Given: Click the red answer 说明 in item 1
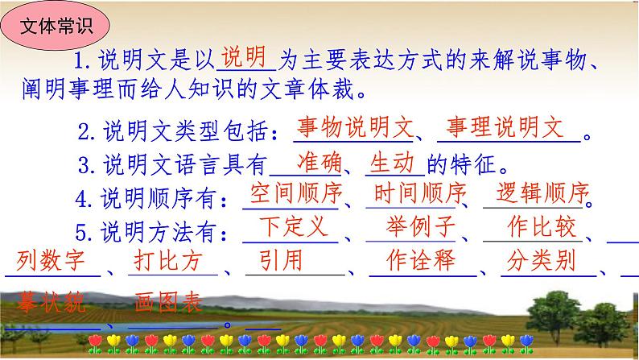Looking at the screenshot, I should [244, 58].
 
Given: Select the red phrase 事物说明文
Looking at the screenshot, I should [354, 127].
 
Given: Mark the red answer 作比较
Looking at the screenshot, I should [543, 228].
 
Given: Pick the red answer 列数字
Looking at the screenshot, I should [51, 262].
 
